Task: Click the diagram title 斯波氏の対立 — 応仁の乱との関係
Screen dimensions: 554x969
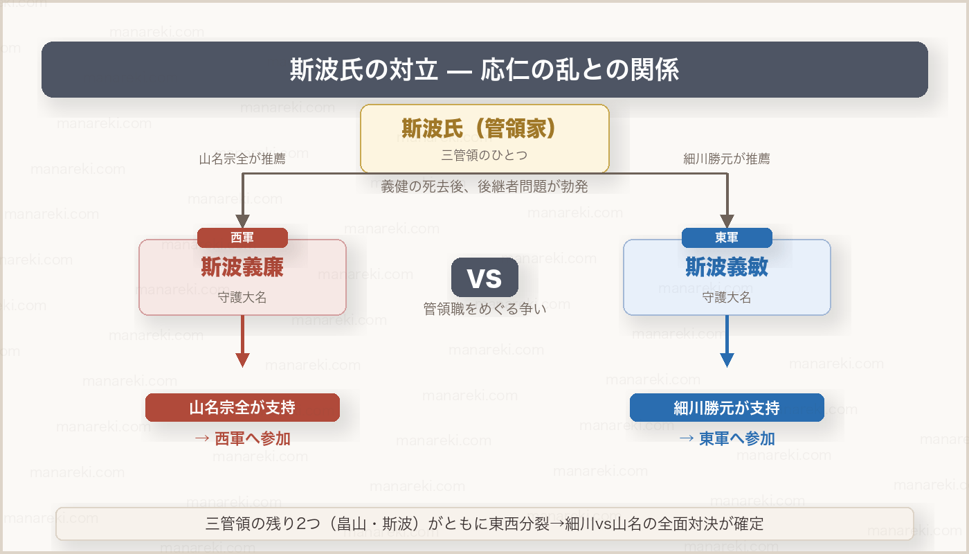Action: coord(484,70)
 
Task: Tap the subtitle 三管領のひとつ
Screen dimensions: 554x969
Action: coord(484,155)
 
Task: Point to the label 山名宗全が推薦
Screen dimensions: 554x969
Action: coord(242,159)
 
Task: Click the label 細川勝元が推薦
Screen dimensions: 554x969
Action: coord(727,159)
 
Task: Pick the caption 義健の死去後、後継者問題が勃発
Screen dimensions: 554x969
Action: coord(484,186)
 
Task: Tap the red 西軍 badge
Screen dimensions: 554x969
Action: coord(242,238)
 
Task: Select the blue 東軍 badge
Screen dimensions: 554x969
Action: coord(727,238)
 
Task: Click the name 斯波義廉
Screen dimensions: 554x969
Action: coord(242,267)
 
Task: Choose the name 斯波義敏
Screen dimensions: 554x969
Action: coord(727,267)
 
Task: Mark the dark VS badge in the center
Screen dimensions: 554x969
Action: coord(484,277)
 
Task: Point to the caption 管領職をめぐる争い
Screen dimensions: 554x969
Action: coord(484,309)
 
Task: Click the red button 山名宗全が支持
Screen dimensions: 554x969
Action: coord(242,407)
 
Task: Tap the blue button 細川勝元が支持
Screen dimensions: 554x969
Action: coord(727,407)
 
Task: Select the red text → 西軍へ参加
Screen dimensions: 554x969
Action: coord(242,438)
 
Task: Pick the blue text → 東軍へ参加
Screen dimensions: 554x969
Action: coord(727,438)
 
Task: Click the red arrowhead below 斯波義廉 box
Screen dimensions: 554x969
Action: coord(242,360)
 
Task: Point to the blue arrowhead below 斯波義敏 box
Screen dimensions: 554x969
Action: coord(727,360)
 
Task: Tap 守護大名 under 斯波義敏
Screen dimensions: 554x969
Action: coord(727,298)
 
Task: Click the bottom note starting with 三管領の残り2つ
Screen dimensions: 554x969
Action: coord(484,524)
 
